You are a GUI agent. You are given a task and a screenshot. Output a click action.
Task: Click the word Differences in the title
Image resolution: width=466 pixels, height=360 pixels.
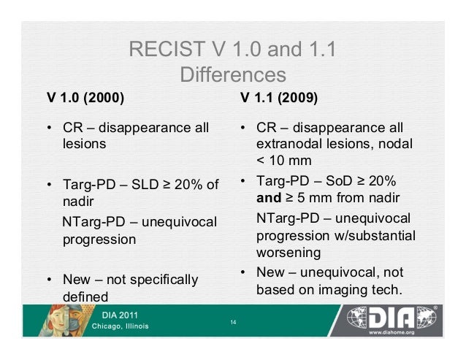pyautogui.click(x=232, y=75)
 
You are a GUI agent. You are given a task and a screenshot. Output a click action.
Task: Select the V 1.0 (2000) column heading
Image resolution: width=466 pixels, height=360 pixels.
pyautogui.click(x=85, y=97)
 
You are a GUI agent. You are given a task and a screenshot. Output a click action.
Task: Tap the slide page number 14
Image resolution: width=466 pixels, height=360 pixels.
pyautogui.click(x=233, y=322)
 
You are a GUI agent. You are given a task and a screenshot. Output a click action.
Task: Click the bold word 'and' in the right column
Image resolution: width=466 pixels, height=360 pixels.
pyautogui.click(x=271, y=198)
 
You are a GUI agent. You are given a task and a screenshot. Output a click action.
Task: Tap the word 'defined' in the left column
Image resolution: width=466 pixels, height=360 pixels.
pyautogui.click(x=83, y=297)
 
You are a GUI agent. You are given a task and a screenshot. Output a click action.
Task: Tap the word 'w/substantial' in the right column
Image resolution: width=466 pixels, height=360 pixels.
pyautogui.click(x=373, y=236)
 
